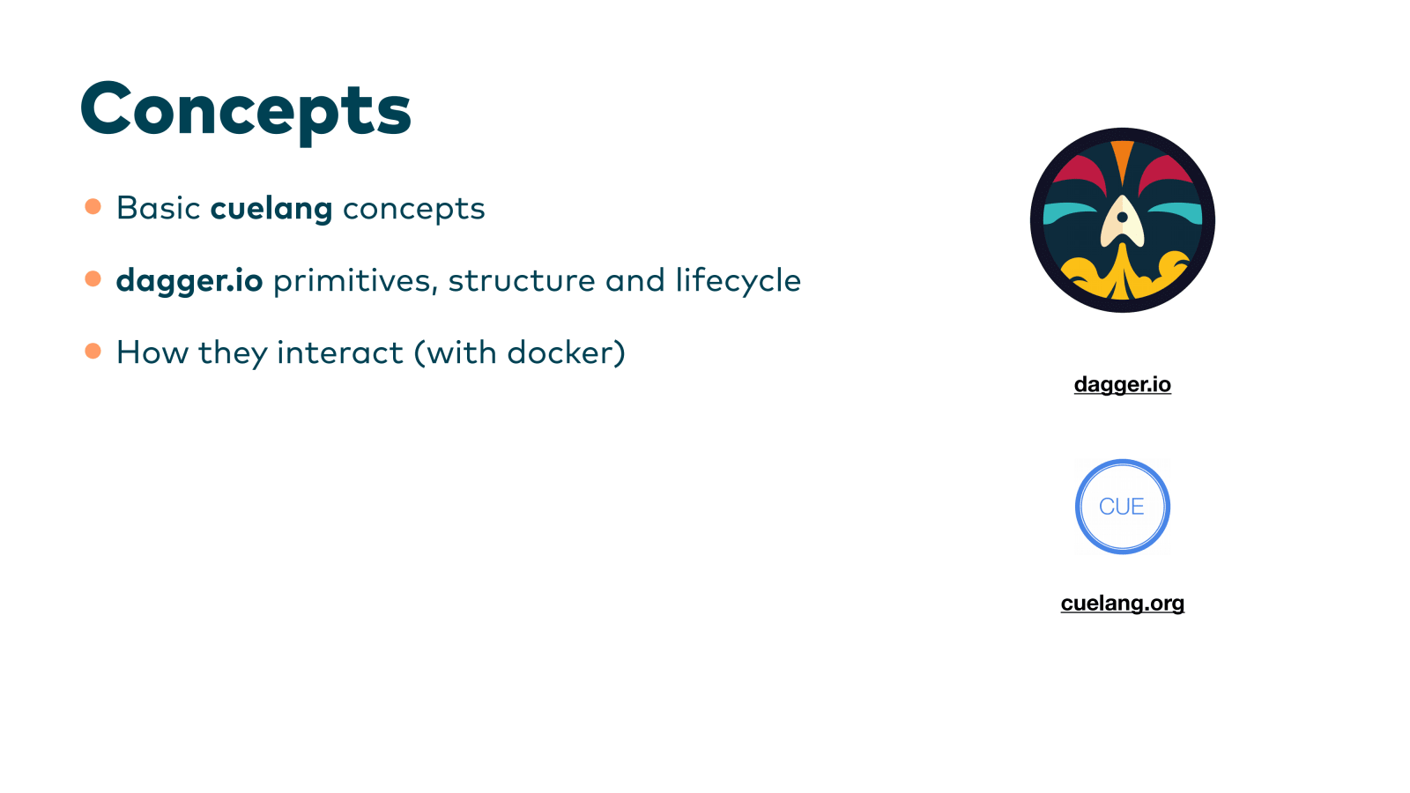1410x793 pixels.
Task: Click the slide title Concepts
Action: tap(246, 110)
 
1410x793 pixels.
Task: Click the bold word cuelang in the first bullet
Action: tap(271, 209)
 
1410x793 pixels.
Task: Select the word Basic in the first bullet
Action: tap(159, 208)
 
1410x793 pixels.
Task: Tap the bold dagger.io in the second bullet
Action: tap(189, 281)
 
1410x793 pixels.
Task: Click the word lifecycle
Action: tap(738, 281)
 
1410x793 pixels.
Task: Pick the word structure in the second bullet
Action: tap(522, 281)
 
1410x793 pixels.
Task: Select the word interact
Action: tap(340, 352)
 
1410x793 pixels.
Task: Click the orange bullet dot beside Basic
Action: tap(93, 206)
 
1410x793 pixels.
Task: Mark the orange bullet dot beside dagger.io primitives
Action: tap(93, 278)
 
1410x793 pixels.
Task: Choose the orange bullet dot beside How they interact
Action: tap(93, 351)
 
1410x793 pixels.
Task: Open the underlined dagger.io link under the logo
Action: tap(1122, 384)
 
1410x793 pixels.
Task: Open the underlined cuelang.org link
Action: tap(1122, 603)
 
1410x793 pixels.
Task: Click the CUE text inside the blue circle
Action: tap(1121, 507)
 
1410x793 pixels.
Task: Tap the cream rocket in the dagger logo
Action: tap(1122, 222)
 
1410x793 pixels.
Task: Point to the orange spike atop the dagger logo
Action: tap(1122, 159)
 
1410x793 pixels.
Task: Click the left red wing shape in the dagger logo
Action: tap(1078, 171)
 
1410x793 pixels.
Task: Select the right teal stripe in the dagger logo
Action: tap(1176, 212)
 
